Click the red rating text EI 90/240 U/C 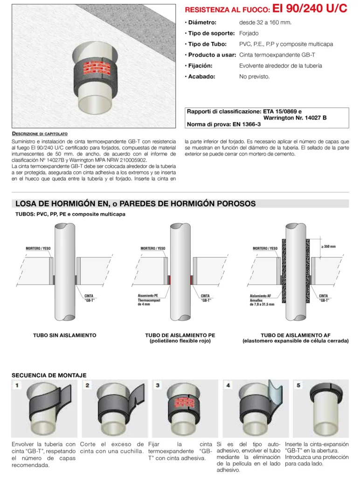click(x=310, y=8)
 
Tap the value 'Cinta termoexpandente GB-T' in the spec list click(x=277, y=55)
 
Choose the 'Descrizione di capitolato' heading click(x=40, y=134)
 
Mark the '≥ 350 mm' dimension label click(x=328, y=246)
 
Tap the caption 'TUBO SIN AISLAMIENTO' click(x=64, y=335)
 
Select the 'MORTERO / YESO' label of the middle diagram click(x=153, y=248)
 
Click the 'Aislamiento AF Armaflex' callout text click(x=260, y=298)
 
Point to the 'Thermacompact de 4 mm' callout click(x=149, y=302)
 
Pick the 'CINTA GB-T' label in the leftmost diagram click(x=89, y=298)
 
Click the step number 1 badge click(x=17, y=385)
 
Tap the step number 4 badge click(x=228, y=385)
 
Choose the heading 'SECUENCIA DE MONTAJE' click(x=49, y=375)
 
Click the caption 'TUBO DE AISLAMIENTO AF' click(x=296, y=335)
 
